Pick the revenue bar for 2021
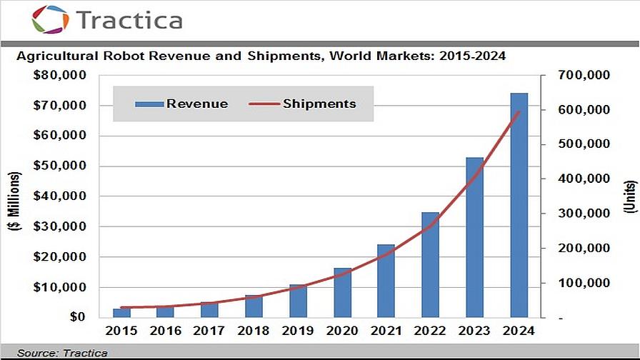(386, 281)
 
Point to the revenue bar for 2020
(342, 292)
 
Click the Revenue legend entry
(182, 104)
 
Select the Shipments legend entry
(303, 104)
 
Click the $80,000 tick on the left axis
(60, 76)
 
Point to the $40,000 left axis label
(60, 196)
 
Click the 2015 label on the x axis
(121, 331)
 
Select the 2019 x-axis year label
(297, 331)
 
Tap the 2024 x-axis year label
(519, 331)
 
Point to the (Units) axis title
(631, 196)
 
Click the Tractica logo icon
(50, 19)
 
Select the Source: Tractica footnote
(62, 353)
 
